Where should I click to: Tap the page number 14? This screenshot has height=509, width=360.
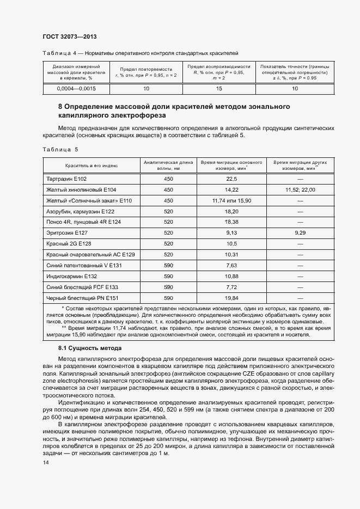(x=45, y=462)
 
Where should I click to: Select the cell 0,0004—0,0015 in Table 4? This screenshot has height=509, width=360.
(x=76, y=88)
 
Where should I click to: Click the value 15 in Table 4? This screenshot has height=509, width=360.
(x=219, y=88)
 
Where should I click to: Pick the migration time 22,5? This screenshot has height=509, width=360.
(x=231, y=179)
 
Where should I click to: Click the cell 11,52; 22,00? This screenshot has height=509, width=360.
(x=300, y=189)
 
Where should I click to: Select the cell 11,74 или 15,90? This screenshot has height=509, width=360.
(x=231, y=200)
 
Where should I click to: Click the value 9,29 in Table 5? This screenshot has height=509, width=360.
(x=300, y=232)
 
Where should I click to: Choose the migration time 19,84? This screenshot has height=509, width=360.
(x=231, y=298)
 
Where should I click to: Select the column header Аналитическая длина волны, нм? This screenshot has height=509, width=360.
(x=168, y=165)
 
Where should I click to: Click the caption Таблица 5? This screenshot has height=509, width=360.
(x=60, y=149)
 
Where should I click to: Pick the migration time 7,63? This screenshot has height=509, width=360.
(x=231, y=265)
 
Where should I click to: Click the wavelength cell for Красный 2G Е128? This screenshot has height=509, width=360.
(x=168, y=243)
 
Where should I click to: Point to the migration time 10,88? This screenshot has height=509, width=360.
(x=231, y=276)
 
